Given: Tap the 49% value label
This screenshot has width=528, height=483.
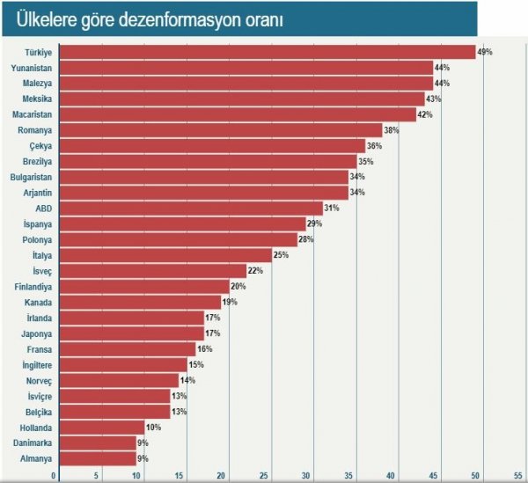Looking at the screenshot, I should pos(484,52).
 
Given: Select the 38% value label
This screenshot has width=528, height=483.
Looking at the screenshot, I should pos(392,130).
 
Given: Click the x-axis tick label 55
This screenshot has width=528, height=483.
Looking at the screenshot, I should pos(518,476).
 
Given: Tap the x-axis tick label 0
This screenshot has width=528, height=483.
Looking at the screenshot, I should pos(55,476).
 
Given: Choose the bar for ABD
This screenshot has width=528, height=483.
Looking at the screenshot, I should pos(190,209).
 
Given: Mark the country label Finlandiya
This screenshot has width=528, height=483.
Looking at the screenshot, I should pos(34,286).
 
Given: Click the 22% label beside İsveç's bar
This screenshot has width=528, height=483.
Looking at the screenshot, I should pos(255,270).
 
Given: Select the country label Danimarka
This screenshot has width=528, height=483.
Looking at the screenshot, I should pos(33,443).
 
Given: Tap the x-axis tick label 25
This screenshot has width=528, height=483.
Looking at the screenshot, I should pos(263,476).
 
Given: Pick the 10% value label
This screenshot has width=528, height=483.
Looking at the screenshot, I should pos(153,427).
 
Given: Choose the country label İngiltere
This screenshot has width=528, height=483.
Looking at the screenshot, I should pos(35,364).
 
